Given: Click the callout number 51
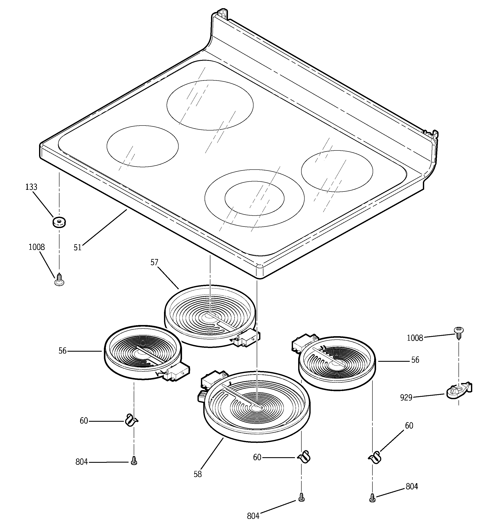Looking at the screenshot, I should [x=77, y=248].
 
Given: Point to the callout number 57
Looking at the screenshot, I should [x=154, y=262].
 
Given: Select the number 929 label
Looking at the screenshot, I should [x=406, y=398].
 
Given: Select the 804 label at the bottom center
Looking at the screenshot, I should [x=253, y=516].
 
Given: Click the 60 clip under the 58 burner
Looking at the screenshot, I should [x=304, y=457].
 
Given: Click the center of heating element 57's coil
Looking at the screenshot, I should [x=208, y=316].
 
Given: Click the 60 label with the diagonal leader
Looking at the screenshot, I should [x=409, y=426].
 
